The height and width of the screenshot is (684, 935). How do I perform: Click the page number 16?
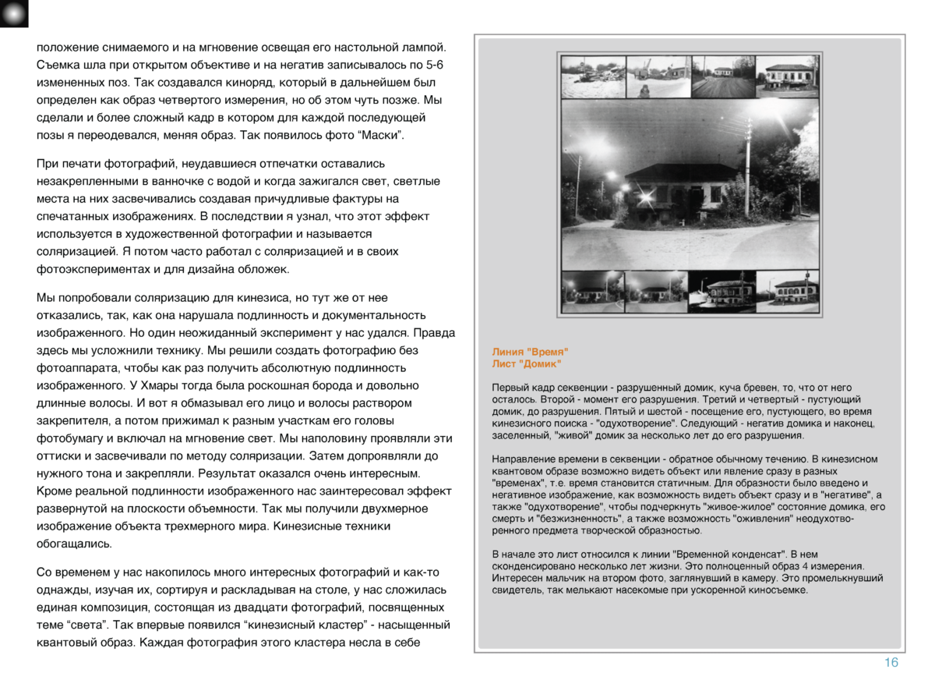tap(891, 663)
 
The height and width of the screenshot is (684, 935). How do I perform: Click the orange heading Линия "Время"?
tap(531, 353)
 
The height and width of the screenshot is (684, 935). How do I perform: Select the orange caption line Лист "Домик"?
tap(527, 364)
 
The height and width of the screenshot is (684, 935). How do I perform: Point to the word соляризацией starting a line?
tap(74, 252)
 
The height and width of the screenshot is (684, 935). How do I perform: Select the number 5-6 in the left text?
tap(442, 64)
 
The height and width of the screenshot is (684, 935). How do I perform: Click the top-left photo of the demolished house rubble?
tap(593, 76)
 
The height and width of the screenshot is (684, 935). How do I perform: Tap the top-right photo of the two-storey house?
tap(788, 76)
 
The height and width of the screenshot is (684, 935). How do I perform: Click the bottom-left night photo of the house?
tap(591, 292)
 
